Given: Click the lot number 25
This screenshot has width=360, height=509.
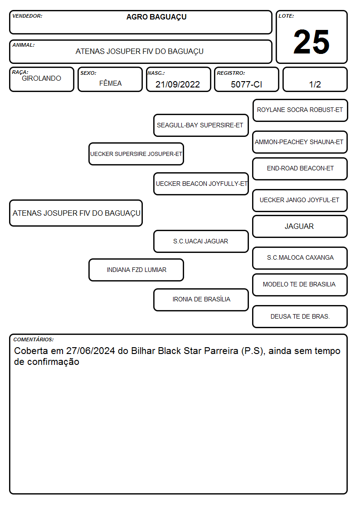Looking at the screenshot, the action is (x=311, y=42).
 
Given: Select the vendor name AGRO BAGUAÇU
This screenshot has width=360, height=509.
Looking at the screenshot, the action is (x=156, y=17).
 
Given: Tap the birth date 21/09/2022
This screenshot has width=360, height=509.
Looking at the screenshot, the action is (x=178, y=84).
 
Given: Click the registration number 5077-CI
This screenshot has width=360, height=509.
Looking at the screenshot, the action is (x=246, y=84).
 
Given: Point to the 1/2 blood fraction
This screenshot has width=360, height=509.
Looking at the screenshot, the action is (x=315, y=84).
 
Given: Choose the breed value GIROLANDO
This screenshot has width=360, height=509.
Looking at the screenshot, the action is (x=41, y=78).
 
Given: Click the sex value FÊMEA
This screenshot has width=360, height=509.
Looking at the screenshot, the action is (x=110, y=83).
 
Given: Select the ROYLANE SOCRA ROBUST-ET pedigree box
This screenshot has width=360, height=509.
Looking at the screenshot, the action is (x=300, y=111).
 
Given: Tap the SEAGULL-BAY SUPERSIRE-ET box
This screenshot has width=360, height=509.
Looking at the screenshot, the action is (x=201, y=125).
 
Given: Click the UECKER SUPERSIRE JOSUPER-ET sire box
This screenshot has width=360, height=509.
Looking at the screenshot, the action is (x=136, y=154).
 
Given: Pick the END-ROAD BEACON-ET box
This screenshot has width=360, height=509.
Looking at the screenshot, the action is (x=300, y=169).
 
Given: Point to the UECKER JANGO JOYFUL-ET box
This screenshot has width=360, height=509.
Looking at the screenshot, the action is (x=300, y=200).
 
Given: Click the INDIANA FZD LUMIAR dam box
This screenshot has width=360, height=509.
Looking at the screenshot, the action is (x=136, y=270).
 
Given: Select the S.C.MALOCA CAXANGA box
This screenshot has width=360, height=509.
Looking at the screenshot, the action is (x=300, y=258).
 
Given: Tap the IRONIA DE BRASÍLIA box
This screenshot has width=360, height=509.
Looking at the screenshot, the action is (x=201, y=300).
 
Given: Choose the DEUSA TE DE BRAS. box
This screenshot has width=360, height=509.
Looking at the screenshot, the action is (x=300, y=316).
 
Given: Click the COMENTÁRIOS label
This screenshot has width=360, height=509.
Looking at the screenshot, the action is (x=34, y=339).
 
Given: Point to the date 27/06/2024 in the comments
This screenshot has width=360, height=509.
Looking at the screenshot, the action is (x=91, y=351).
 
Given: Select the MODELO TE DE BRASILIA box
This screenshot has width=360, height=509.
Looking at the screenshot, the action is (x=300, y=285).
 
